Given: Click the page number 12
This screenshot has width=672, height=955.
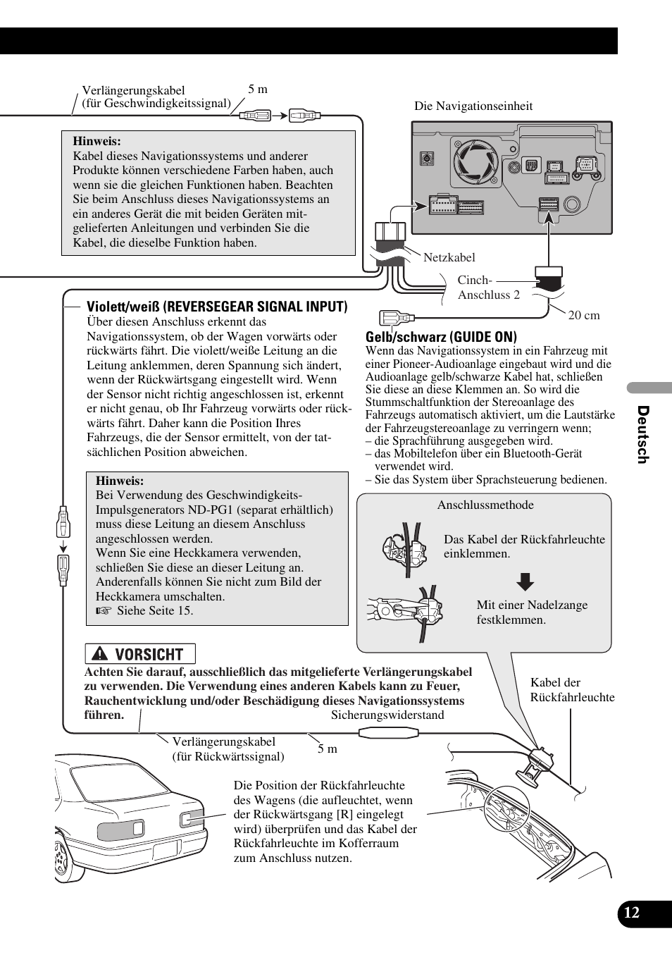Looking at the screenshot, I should [x=632, y=913].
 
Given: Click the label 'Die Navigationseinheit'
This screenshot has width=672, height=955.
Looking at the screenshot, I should [x=473, y=106].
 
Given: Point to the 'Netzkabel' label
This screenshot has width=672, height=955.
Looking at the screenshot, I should [x=449, y=258].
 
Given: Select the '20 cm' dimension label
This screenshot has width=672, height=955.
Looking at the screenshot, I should [x=584, y=316].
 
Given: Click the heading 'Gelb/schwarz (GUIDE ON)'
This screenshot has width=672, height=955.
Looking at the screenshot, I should [x=441, y=337].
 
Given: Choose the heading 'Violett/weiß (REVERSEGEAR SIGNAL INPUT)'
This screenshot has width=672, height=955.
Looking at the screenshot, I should [x=217, y=307].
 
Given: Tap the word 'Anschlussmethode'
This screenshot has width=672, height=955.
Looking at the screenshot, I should [x=485, y=505].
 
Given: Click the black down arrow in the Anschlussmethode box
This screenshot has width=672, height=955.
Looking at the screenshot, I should [x=525, y=581].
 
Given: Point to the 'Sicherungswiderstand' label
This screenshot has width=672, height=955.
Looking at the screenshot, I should [x=387, y=715].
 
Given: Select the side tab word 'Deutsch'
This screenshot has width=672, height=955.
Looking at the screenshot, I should [x=642, y=435].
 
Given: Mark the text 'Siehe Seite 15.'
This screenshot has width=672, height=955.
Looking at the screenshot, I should [x=154, y=610].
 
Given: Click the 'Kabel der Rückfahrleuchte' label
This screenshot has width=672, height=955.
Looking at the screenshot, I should [x=572, y=690].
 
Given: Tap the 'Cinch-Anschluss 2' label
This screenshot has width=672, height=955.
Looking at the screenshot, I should [x=488, y=288].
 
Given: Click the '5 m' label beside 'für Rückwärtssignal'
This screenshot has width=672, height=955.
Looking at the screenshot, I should [x=327, y=749].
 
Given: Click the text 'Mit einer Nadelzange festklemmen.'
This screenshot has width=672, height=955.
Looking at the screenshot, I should [x=532, y=612].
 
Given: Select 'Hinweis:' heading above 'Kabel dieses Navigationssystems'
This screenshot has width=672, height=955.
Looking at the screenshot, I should [x=97, y=141].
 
